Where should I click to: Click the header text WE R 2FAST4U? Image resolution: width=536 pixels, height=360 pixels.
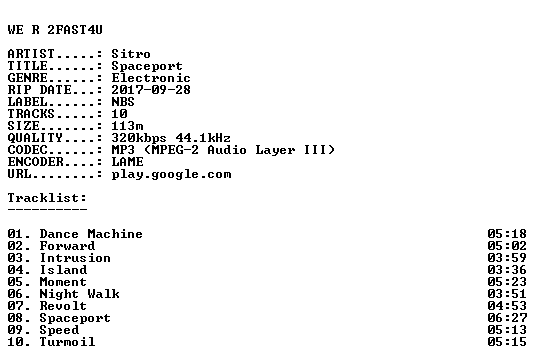pyautogui.click(x=55, y=30)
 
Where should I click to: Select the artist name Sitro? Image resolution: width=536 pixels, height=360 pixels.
pyautogui.click(x=131, y=54)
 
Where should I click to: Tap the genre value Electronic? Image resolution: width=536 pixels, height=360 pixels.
pyautogui.click(x=151, y=78)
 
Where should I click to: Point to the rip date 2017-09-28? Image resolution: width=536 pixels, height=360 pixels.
pyautogui.click(x=151, y=90)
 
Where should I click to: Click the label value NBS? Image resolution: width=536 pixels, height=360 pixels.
pyautogui.click(x=123, y=102)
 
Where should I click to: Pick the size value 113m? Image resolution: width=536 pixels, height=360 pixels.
pyautogui.click(x=127, y=126)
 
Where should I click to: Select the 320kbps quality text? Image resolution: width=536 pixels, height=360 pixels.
pyautogui.click(x=139, y=138)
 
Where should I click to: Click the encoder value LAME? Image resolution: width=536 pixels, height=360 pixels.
pyautogui.click(x=127, y=162)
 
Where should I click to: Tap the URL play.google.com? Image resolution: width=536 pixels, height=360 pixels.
pyautogui.click(x=171, y=174)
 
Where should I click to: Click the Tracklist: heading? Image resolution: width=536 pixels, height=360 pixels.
pyautogui.click(x=47, y=198)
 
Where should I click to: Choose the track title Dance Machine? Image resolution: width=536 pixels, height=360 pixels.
pyautogui.click(x=91, y=234)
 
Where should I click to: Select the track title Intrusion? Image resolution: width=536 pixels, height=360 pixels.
pyautogui.click(x=75, y=258)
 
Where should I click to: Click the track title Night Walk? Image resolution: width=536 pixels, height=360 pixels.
pyautogui.click(x=79, y=294)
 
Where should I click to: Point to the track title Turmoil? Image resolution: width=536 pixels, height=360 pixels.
pyautogui.click(x=67, y=342)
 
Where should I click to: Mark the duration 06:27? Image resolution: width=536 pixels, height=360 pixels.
pyautogui.click(x=507, y=318)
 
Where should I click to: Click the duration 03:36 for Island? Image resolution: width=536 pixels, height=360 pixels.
pyautogui.click(x=507, y=270)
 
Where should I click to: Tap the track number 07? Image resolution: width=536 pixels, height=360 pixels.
pyautogui.click(x=15, y=306)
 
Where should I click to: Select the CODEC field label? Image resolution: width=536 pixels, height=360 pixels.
pyautogui.click(x=27, y=150)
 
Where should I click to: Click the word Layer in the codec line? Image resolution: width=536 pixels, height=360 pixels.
pyautogui.click(x=275, y=150)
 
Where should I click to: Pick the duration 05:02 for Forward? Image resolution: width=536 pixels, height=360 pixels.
pyautogui.click(x=507, y=246)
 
